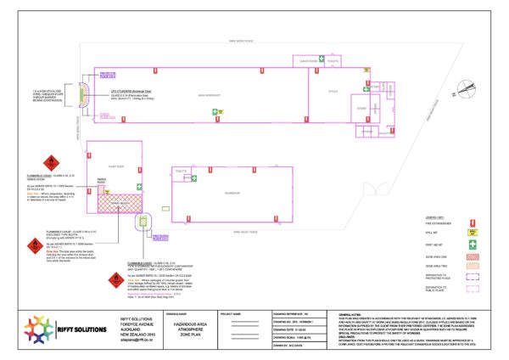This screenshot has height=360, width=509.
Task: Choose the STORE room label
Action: [x=361, y=108]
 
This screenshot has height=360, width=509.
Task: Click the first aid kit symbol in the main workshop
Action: [x=218, y=111]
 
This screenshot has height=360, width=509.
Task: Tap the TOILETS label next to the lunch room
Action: [x=332, y=61]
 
